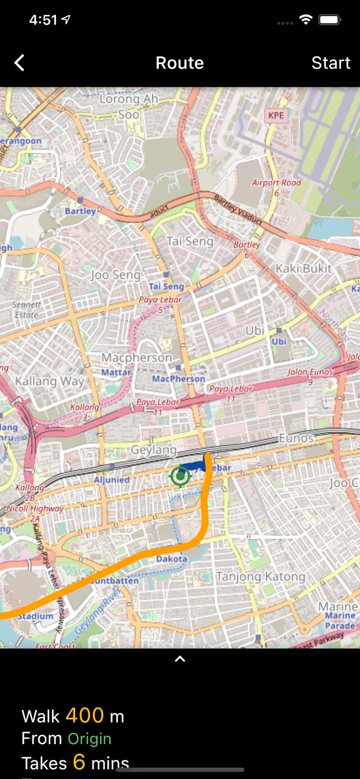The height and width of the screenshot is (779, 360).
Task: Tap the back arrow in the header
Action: [19, 63]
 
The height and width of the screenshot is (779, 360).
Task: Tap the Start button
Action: [330, 63]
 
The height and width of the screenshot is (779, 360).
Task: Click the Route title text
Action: [180, 63]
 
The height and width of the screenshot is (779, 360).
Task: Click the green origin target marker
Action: [180, 476]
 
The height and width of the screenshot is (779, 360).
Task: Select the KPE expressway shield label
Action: [276, 115]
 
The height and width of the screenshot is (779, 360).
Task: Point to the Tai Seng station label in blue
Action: [166, 286]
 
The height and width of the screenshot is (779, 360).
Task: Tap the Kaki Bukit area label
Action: [303, 268]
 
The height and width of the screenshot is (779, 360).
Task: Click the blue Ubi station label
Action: [279, 341]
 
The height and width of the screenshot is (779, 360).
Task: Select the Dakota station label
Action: [171, 559]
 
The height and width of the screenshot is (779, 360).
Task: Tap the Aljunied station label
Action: [112, 479]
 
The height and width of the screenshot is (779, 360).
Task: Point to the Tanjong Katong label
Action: [261, 576]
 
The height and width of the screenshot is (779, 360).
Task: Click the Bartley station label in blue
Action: [80, 211]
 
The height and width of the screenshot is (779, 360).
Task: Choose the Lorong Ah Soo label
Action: [128, 106]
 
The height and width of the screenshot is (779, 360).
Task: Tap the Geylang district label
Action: [153, 450]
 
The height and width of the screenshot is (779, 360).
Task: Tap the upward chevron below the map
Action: [180, 659]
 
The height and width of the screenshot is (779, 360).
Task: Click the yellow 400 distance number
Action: [85, 716]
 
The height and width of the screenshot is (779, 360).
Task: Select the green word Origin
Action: [89, 738]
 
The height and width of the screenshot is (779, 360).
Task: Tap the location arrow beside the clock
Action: [66, 20]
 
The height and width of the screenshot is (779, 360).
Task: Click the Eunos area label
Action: [296, 438]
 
